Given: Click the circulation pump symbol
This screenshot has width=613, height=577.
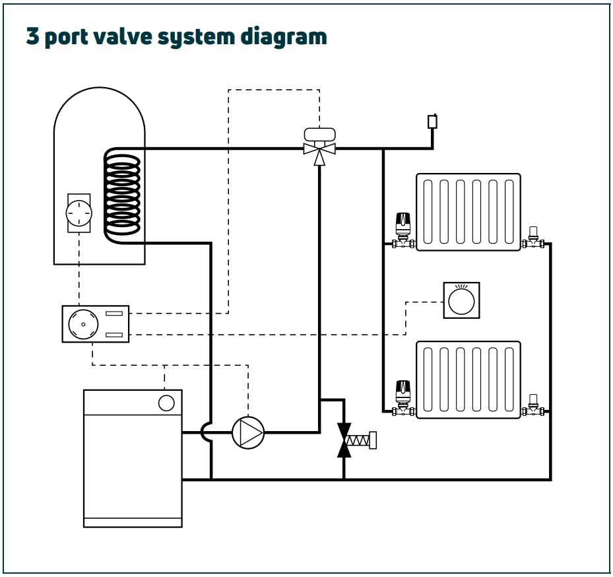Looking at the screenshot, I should tap(248, 432).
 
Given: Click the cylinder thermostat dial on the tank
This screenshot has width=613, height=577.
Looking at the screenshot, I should tap(79, 213).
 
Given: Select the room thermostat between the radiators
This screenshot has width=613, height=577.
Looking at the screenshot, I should tap(461, 300).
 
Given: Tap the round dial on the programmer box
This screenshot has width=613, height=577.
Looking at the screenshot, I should tap(84, 324).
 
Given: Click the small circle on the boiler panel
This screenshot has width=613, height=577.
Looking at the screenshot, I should tap(166, 402).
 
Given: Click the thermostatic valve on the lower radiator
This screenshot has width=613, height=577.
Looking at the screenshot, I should tap(403, 399).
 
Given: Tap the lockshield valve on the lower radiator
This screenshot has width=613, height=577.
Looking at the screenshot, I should tap(532, 405).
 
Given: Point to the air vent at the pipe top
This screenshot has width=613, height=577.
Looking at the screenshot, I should tap(432, 121).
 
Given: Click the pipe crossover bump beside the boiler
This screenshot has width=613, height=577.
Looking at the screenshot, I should tap(206, 432).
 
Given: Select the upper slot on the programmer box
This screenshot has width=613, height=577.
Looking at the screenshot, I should tap(114, 313).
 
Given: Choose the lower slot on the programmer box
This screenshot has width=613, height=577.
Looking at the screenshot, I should tap(114, 334).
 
